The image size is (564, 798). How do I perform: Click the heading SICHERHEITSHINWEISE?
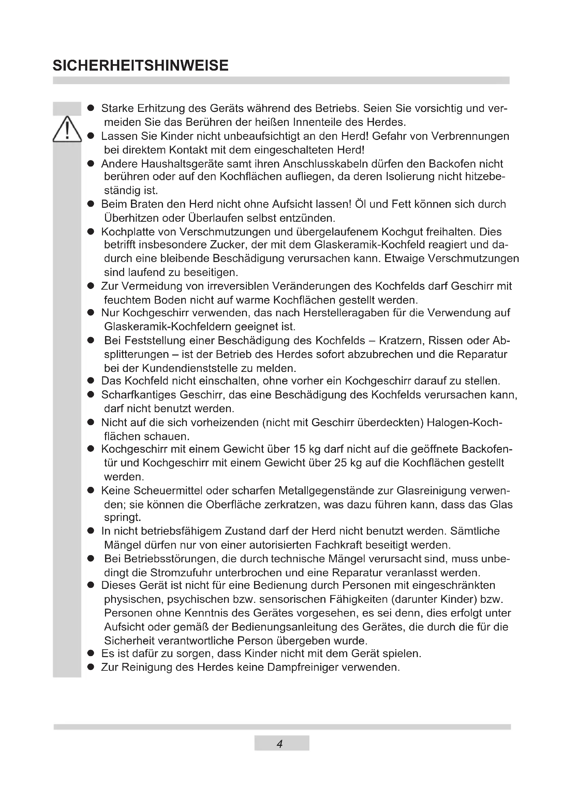(x=140, y=66)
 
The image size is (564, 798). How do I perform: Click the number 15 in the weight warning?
(x=299, y=449)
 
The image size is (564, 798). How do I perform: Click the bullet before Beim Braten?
(x=91, y=204)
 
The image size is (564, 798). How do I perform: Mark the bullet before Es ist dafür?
(x=91, y=653)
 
